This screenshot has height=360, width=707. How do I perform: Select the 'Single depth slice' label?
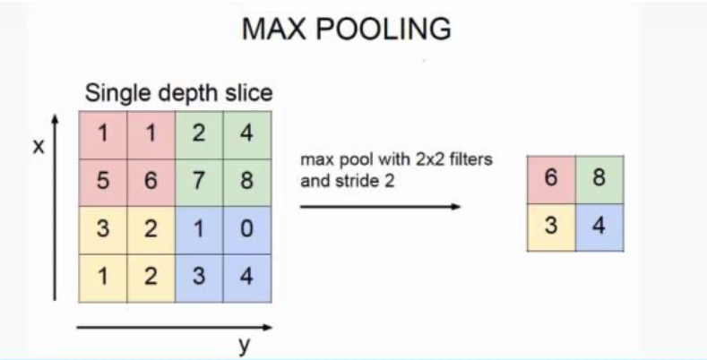tap(178, 92)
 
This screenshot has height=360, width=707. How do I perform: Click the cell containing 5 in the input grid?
tap(103, 181)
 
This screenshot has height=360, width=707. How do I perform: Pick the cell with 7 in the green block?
tap(199, 181)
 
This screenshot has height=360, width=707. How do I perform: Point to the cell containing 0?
tap(246, 228)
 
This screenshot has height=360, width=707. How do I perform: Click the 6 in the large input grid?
tap(151, 181)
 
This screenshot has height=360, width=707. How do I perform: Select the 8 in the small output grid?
tap(599, 177)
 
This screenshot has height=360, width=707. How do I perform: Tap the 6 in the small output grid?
tap(551, 177)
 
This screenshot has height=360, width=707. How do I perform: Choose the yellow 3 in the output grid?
tap(551, 226)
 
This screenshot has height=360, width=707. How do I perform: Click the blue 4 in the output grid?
tap(599, 226)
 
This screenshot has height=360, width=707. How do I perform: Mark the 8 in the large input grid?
tap(246, 181)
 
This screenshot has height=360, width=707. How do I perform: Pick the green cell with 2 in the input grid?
tap(199, 133)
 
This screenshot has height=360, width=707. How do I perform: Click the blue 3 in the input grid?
tap(199, 277)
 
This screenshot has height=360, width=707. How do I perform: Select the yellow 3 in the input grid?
tap(103, 228)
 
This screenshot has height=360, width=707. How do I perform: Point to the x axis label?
tap(38, 147)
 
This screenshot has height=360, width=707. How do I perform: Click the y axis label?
tap(243, 344)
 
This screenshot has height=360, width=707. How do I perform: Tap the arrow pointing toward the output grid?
tap(380, 206)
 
